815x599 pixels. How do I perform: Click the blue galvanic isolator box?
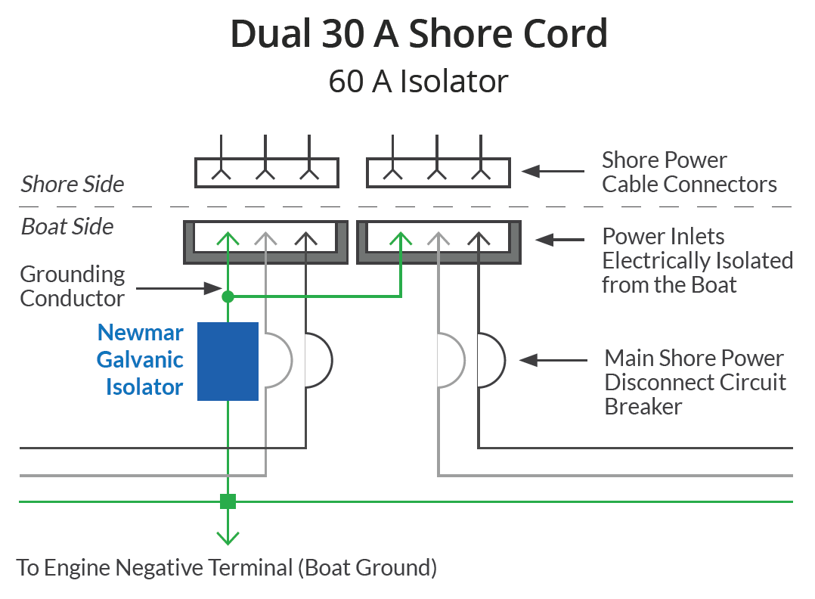click(228, 361)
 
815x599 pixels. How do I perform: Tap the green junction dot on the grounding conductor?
click(228, 296)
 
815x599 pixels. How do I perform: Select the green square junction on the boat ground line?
click(228, 501)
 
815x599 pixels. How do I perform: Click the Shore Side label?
click(72, 185)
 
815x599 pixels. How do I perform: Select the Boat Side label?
click(67, 227)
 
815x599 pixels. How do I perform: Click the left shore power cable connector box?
click(266, 172)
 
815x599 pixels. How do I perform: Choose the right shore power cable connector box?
click(438, 172)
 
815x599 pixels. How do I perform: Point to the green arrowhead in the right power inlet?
click(400, 239)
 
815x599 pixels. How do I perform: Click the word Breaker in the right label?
click(643, 407)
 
